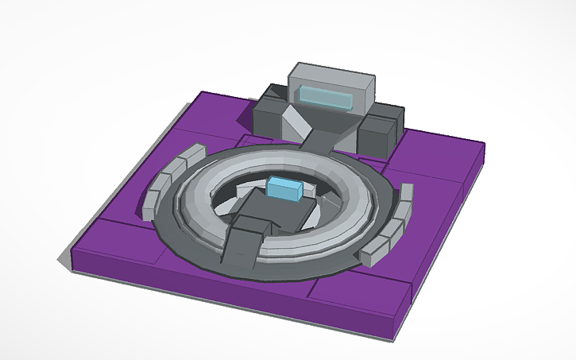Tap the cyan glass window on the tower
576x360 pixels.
[x=326, y=98]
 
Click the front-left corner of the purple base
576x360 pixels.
[x=73, y=254]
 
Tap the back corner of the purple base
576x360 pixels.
[x=202, y=94]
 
